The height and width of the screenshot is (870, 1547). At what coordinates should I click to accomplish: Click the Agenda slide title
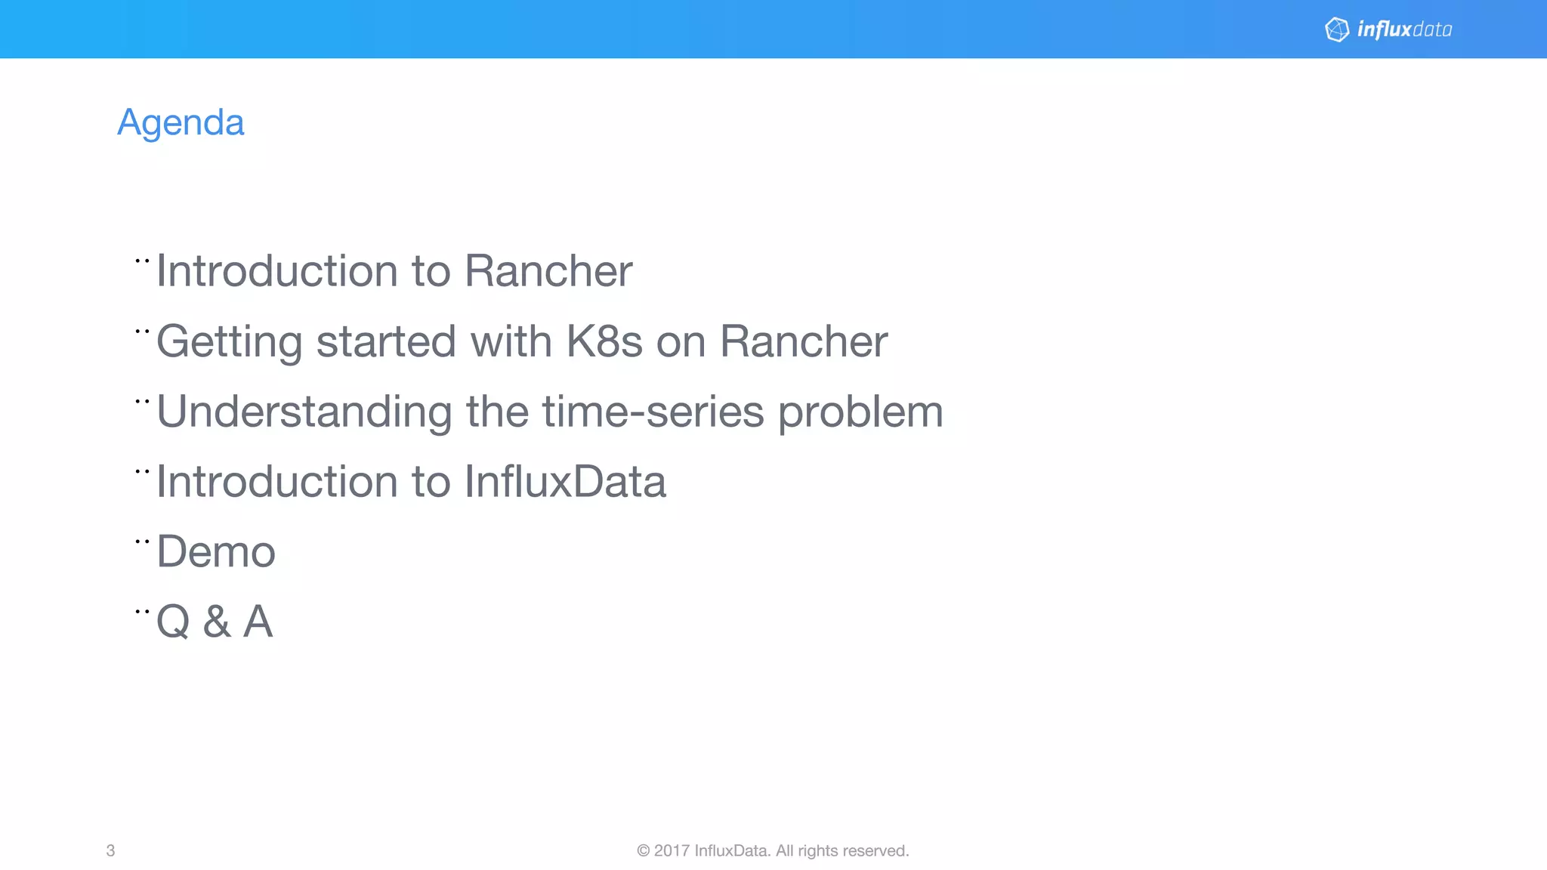click(x=181, y=122)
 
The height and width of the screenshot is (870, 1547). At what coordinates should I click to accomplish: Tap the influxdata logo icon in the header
click(x=1337, y=29)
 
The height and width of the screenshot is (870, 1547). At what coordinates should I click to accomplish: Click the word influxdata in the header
click(x=1404, y=29)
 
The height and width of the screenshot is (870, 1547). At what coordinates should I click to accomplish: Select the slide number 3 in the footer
click(x=110, y=850)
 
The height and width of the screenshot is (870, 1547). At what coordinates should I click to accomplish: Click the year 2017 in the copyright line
click(x=672, y=850)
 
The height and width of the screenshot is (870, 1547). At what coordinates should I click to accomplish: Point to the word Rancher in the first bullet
click(x=548, y=271)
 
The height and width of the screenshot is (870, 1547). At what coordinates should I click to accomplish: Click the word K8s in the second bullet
click(x=604, y=341)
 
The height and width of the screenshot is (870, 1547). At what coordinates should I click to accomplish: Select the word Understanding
click(x=304, y=412)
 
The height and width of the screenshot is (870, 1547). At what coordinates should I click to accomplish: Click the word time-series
click(x=653, y=412)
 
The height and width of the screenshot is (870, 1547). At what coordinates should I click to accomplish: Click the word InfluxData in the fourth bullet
click(x=565, y=482)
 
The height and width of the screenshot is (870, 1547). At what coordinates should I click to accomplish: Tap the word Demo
click(x=216, y=551)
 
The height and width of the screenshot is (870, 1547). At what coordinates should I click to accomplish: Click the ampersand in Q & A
click(x=217, y=622)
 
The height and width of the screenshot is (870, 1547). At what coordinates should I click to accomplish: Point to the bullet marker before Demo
click(x=142, y=541)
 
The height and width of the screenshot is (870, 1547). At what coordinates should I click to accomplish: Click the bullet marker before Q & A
click(x=142, y=612)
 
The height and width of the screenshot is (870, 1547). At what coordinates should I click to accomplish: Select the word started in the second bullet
click(x=386, y=341)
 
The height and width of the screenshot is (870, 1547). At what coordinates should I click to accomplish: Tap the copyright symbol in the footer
click(x=643, y=850)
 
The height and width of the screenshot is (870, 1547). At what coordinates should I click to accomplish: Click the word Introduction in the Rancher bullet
click(x=276, y=271)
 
